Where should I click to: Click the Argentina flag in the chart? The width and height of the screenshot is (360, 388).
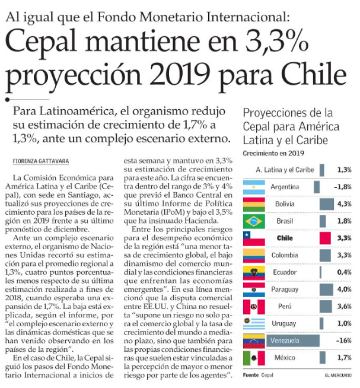coord(253,187)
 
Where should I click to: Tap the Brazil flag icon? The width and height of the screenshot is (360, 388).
coord(253,221)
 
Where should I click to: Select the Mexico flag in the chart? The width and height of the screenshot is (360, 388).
coord(253,358)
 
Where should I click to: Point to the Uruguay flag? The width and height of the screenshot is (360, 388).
coord(253,324)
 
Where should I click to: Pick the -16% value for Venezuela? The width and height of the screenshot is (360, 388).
coord(342,341)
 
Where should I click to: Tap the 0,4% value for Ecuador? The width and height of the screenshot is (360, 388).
coord(343,273)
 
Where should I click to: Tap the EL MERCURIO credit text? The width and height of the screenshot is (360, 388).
coord(337,376)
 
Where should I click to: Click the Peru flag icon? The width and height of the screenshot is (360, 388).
coord(253,307)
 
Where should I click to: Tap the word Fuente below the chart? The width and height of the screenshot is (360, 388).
coord(250,376)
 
